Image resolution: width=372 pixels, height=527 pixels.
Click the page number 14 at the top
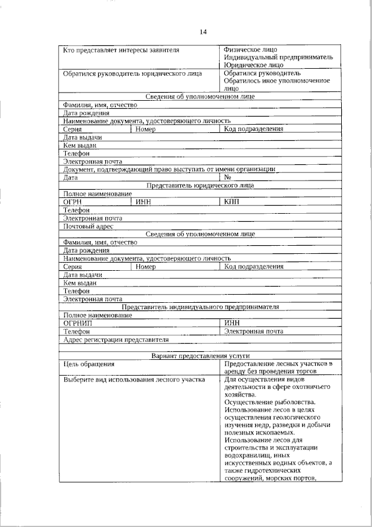[203, 31]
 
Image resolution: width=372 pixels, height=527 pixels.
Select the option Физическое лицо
[251, 49]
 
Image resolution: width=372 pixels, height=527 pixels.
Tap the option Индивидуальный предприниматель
[278, 58]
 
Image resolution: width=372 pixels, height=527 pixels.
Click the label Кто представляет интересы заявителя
[121, 49]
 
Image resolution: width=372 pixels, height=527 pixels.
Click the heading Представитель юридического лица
[200, 185]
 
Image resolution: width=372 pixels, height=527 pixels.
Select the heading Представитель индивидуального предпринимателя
[200, 307]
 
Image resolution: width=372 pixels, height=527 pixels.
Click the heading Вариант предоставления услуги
[200, 355]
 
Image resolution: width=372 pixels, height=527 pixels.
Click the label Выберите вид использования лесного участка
[134, 380]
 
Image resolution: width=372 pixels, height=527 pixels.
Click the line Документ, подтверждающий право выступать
[169, 169]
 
